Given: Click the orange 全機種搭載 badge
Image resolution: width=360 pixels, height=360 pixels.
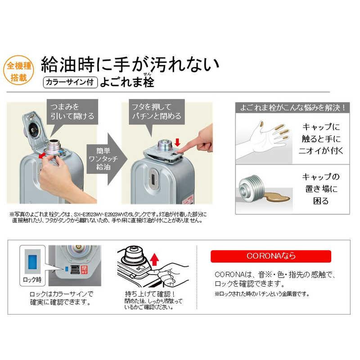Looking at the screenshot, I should coord(18,72).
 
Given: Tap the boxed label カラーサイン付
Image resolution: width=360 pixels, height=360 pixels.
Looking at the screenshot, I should coord(70,82).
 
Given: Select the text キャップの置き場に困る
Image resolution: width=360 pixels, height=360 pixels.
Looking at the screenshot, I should coord(321,189).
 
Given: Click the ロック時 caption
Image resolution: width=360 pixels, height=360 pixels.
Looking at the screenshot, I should coord(33,279).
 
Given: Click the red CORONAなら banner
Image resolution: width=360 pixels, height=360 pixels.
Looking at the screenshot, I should coord(271,256).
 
